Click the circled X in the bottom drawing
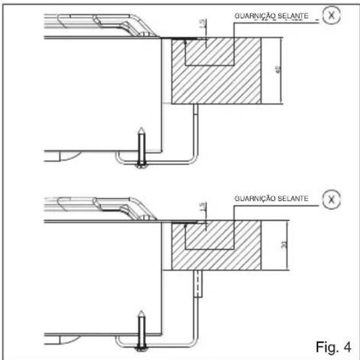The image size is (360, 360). [330, 200]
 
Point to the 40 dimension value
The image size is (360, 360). [277, 71]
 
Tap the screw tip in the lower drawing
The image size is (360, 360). [140, 314]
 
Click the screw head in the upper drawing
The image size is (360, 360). [140, 165]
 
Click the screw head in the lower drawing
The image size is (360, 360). [140, 346]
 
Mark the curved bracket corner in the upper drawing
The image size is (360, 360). [193, 158]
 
